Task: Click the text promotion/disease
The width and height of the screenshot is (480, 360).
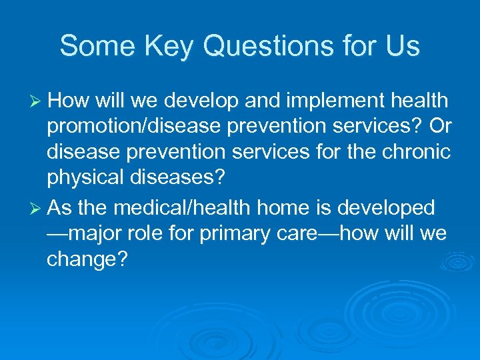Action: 137,128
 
